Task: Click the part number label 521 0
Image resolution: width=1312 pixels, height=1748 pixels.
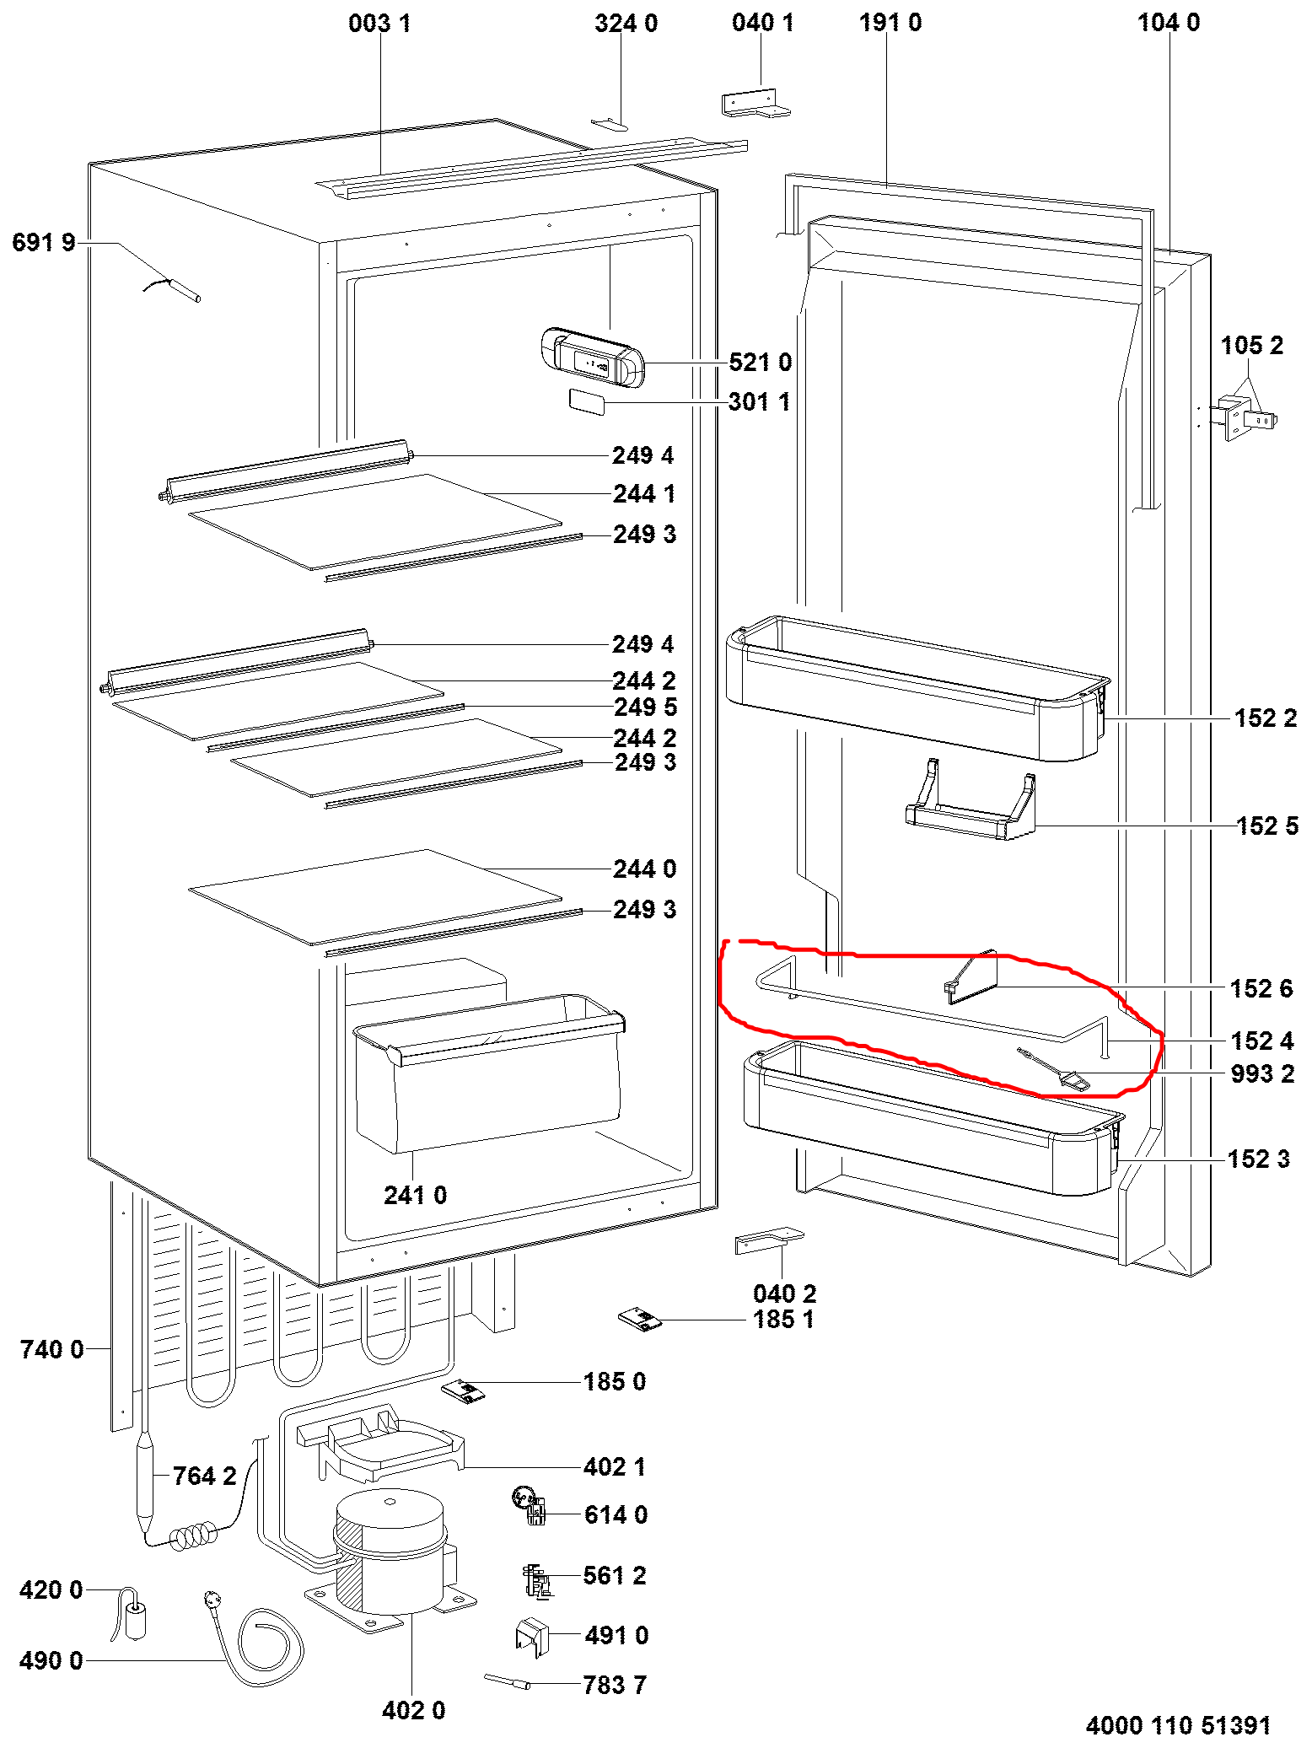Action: coord(760,363)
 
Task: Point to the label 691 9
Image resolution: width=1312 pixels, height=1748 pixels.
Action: coord(44,243)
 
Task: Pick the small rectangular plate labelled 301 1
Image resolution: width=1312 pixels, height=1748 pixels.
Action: coord(587,401)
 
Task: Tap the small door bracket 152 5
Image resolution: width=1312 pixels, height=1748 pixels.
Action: coord(970,809)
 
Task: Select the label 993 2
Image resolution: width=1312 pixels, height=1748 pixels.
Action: coord(1261,1074)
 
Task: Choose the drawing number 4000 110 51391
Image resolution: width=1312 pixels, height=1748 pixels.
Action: coord(1177,1725)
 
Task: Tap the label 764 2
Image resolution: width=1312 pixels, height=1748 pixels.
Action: coord(204,1476)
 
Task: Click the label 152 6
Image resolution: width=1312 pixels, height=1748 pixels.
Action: coord(1261,988)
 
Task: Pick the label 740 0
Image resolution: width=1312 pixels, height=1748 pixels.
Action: coord(51,1349)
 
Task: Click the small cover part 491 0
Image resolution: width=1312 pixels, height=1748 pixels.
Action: coord(531,1636)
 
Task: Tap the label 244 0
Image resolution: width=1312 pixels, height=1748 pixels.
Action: coord(644,869)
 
